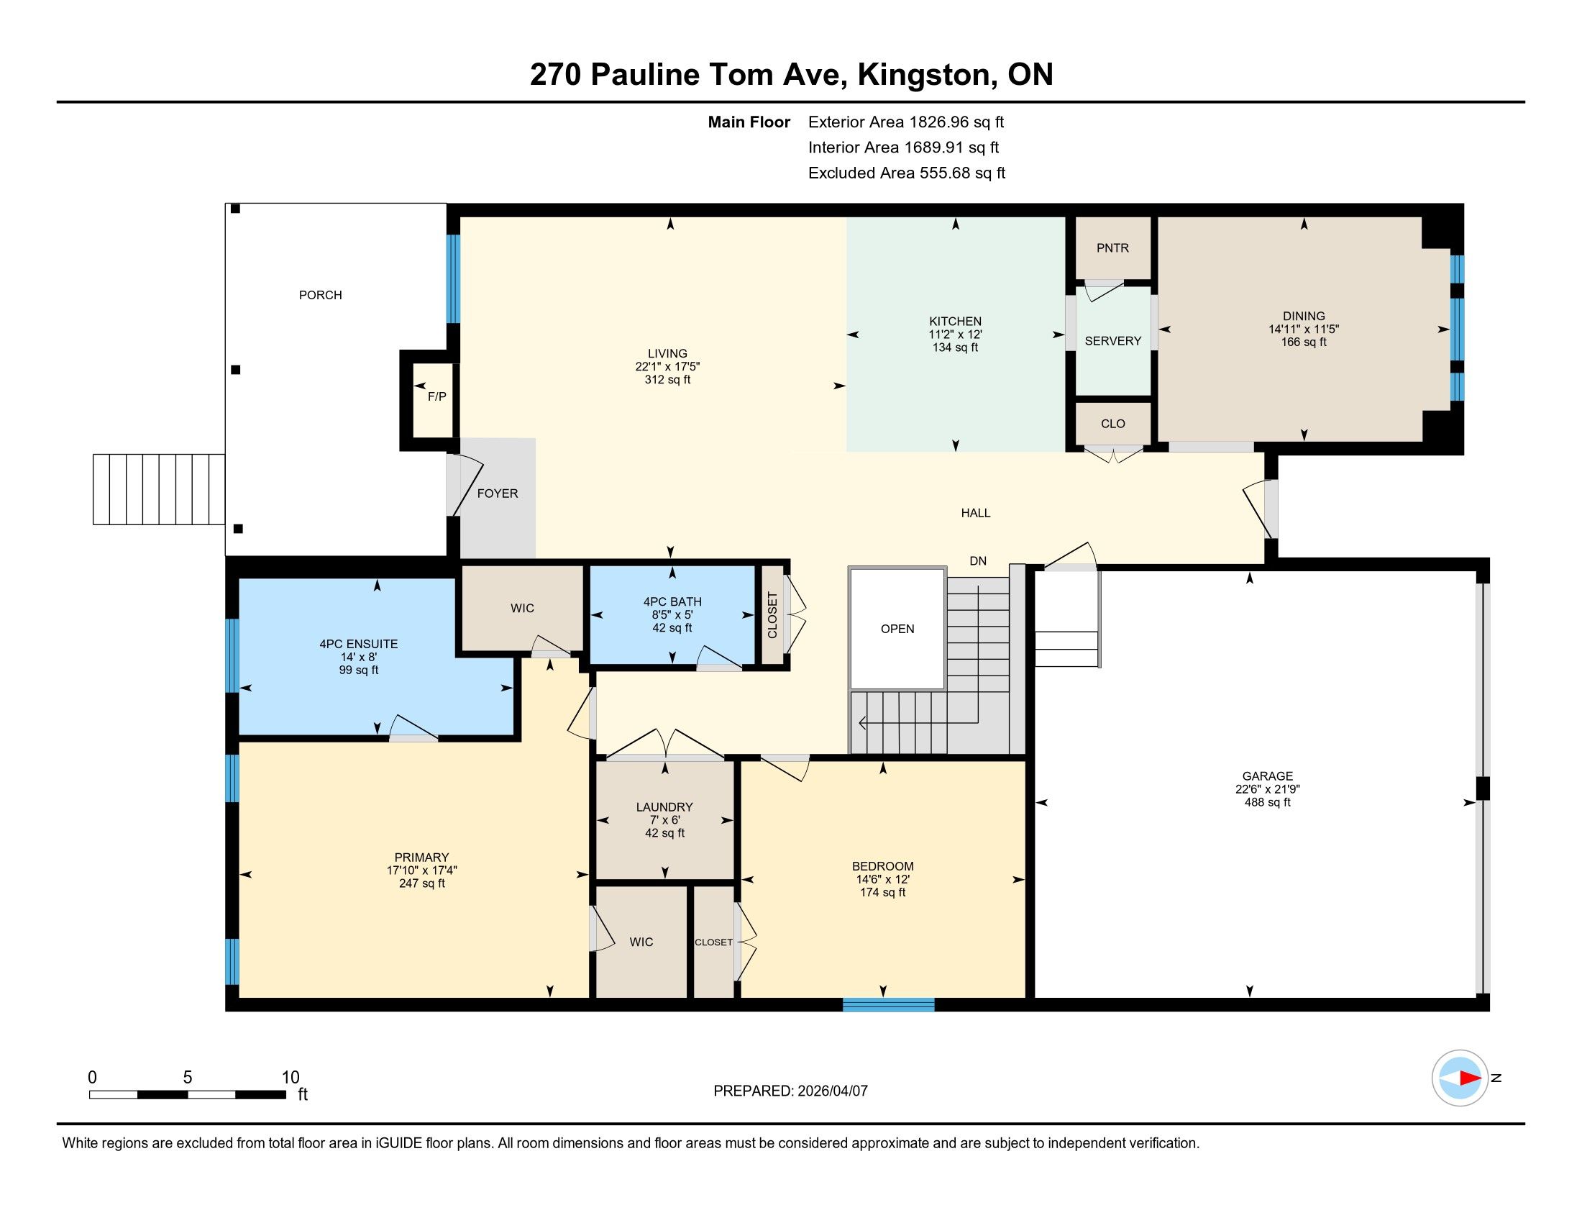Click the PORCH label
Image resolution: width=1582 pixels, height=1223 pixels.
click(320, 295)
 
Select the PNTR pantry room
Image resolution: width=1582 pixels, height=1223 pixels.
click(1112, 247)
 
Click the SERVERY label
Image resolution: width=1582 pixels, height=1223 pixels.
click(1112, 340)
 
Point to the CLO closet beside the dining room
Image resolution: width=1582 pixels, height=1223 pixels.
click(1112, 423)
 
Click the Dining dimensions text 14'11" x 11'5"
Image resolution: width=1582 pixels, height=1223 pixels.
click(1303, 329)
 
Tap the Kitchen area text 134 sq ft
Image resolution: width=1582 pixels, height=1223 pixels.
click(955, 347)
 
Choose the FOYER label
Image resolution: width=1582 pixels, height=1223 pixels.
click(498, 494)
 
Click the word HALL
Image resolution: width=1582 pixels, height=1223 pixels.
click(975, 513)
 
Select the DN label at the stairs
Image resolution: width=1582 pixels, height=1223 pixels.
click(978, 561)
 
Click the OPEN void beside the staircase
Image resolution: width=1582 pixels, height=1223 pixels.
click(897, 629)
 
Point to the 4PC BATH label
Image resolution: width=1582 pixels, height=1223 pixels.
click(672, 601)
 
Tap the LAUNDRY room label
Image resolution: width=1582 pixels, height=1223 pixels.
click(664, 807)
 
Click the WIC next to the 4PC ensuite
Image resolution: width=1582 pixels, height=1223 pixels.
click(522, 608)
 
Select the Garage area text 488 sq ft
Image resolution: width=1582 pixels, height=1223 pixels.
click(1267, 802)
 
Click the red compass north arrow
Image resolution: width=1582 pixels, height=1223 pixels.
click(1470, 1078)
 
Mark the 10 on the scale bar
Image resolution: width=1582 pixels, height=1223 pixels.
click(291, 1077)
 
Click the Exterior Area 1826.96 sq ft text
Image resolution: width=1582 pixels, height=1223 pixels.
click(906, 122)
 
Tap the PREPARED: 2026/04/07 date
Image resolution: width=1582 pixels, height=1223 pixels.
click(790, 1091)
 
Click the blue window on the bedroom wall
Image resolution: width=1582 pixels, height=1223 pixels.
click(888, 1005)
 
